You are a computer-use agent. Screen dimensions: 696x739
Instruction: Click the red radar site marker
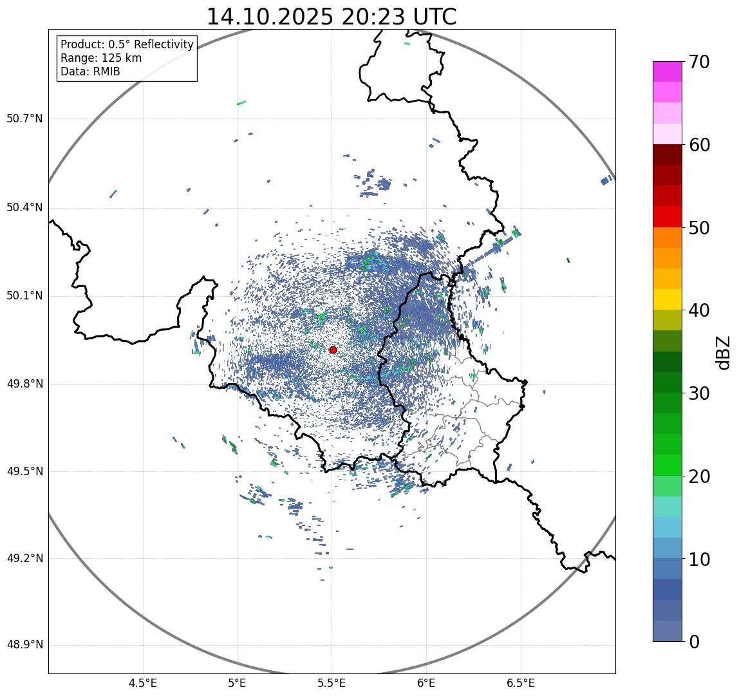333,350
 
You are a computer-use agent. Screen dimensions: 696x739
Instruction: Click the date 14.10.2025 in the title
270,17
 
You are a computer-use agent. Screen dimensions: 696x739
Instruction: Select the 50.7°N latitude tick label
24,119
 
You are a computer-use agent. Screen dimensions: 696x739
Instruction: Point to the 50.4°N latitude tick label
24,207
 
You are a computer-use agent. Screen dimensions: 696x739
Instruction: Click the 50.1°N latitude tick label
24,296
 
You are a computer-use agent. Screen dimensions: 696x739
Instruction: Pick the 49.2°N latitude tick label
24,558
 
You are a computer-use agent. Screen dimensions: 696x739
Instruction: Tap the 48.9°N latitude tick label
24,645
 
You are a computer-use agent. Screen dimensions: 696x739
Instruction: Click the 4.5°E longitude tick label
143,683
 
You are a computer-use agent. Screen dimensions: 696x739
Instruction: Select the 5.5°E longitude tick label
332,683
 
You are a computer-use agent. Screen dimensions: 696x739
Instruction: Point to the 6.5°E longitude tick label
520,683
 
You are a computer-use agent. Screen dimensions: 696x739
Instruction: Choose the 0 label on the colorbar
694,642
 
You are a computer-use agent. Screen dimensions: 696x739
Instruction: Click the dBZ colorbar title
724,352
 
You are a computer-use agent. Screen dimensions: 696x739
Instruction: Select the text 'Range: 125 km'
101,58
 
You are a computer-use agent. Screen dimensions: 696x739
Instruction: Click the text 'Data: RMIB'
90,71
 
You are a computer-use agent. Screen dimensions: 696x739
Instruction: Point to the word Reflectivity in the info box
161,44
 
